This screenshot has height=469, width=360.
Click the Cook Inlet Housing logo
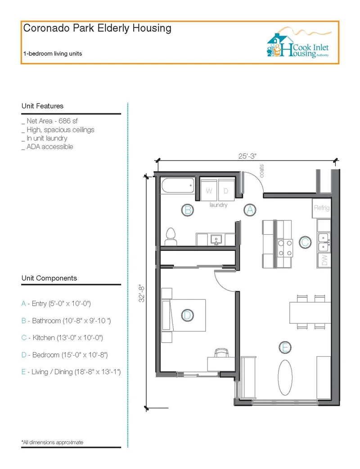pyautogui.click(x=299, y=42)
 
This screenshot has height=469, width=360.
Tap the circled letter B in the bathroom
pyautogui.click(x=188, y=210)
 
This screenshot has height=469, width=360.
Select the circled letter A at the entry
pyautogui.click(x=250, y=210)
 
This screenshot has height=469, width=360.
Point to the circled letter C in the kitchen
pyautogui.click(x=305, y=242)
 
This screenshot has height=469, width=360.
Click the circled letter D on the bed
pyautogui.click(x=187, y=315)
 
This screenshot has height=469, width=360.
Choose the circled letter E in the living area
pyautogui.click(x=285, y=348)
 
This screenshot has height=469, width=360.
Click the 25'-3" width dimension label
pyautogui.click(x=247, y=156)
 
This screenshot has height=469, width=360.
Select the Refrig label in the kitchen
pyautogui.click(x=322, y=208)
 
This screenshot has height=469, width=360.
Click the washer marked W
pyautogui.click(x=209, y=191)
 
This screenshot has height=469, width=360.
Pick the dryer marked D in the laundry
pyautogui.click(x=226, y=191)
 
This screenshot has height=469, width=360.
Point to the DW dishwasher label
pyautogui.click(x=324, y=260)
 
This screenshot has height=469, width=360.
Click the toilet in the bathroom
pyautogui.click(x=171, y=237)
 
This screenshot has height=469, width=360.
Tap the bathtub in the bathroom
pyautogui.click(x=178, y=185)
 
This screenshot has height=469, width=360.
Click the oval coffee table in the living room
pyautogui.click(x=285, y=377)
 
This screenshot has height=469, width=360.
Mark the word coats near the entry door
pyautogui.click(x=261, y=171)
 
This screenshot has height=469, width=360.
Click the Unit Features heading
pyautogui.click(x=42, y=106)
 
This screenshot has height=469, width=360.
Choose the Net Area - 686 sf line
pyautogui.click(x=49, y=121)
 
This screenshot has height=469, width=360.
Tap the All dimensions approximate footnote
pyautogui.click(x=52, y=442)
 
